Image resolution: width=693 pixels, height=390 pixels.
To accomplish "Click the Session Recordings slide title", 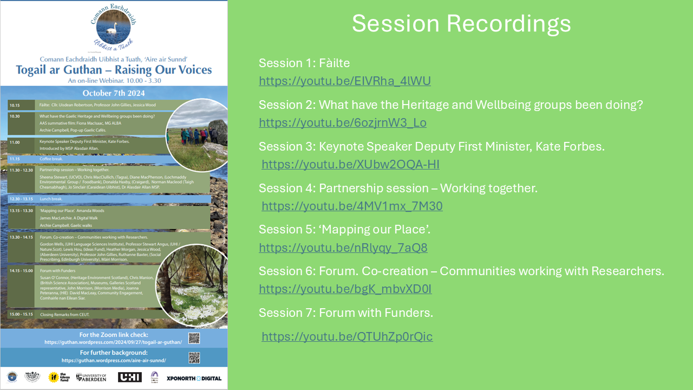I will [461, 24].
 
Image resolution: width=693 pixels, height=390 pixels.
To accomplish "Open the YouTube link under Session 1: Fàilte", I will [344, 81].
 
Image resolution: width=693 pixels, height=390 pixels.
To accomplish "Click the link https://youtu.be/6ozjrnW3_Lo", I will [342, 123].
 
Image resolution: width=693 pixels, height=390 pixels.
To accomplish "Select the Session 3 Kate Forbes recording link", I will [350, 165].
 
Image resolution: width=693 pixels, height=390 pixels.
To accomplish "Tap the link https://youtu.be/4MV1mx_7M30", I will [352, 206].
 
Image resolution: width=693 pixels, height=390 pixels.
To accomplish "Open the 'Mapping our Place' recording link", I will [343, 248].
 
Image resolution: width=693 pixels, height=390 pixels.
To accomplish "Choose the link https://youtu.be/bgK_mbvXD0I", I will [345, 289].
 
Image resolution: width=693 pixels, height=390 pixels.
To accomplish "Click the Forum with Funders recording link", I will [347, 337].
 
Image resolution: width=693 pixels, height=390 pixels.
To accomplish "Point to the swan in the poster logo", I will [112, 28].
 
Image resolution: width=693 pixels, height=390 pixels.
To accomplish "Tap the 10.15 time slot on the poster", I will [15, 105].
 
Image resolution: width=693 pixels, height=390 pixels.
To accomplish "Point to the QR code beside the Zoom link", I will [194, 339].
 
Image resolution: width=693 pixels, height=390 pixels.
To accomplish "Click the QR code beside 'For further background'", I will [194, 357].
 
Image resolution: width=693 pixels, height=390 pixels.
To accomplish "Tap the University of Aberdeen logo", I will [91, 377].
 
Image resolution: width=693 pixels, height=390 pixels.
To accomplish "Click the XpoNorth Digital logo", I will [194, 378].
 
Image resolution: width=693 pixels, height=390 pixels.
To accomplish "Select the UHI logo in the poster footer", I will [129, 377].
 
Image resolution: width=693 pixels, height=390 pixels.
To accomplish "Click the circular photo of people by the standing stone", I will [197, 135].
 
